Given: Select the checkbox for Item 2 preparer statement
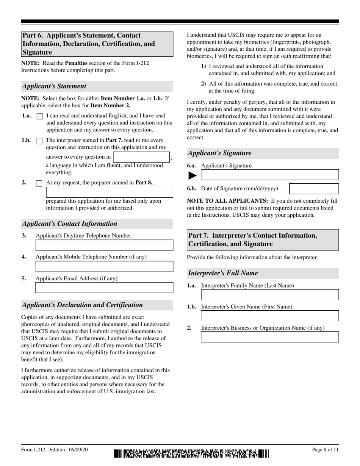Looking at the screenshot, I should click(x=39, y=183).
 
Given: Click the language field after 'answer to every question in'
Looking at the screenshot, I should click(x=141, y=157).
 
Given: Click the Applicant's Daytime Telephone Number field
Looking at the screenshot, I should click(x=104, y=245).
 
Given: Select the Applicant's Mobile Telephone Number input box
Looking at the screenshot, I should click(x=104, y=266).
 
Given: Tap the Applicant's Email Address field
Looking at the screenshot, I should click(x=104, y=288).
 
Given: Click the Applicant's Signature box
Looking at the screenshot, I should click(x=269, y=175).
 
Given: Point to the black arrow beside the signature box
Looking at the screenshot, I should click(x=193, y=175).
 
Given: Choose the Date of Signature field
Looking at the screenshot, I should click(x=314, y=189).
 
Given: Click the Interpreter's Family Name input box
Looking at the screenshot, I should click(x=269, y=295).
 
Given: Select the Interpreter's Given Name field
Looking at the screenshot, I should click(x=269, y=316).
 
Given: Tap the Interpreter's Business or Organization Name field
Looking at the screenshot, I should click(x=269, y=337).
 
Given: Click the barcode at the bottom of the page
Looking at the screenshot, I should click(x=191, y=453).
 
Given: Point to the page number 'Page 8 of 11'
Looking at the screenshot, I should click(x=325, y=450).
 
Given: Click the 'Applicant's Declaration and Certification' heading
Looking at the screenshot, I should click(x=83, y=305).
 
